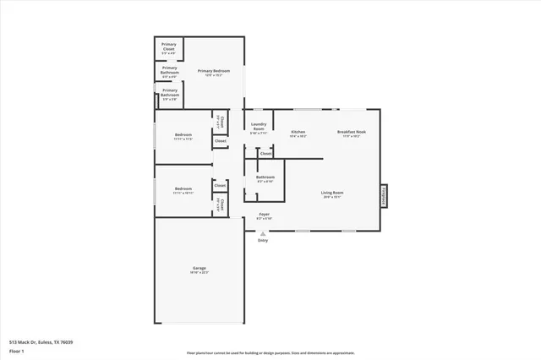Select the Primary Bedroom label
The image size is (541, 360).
tap(214, 71)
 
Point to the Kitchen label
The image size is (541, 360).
tap(298, 131)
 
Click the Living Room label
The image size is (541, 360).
tap(332, 193)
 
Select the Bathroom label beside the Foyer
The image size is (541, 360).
tap(265, 177)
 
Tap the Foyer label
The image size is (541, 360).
tap(264, 214)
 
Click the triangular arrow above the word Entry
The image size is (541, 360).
tap(263, 233)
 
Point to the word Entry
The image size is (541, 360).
tap(263, 241)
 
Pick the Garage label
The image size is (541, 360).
tap(199, 268)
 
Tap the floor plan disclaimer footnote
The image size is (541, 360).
tap(270, 352)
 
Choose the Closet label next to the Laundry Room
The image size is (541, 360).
tap(265, 154)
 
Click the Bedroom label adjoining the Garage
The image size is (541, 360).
tap(183, 188)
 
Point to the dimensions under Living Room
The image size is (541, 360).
tap(332, 198)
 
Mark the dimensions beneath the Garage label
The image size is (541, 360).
tap(199, 272)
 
